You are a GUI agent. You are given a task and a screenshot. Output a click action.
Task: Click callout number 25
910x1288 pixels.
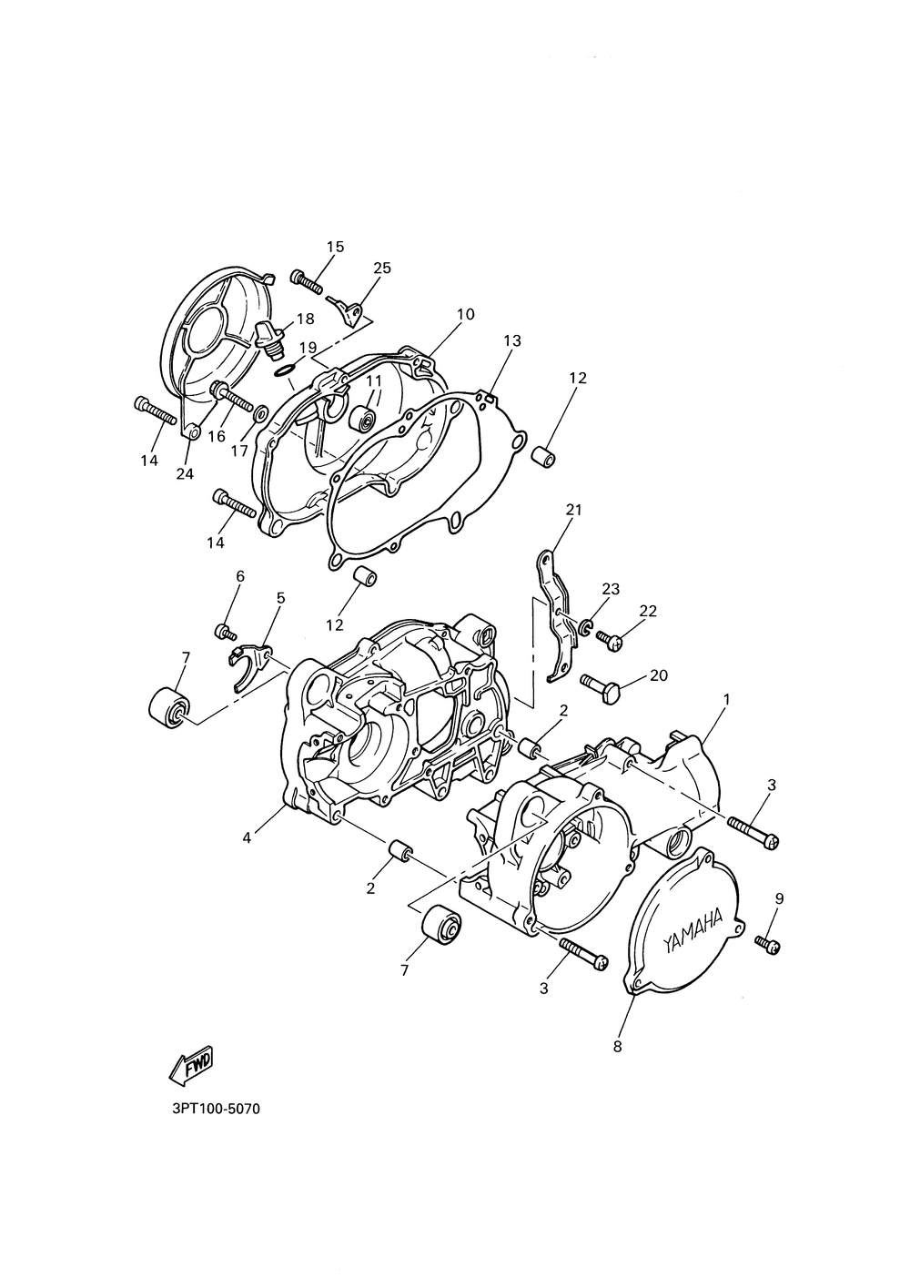tap(382, 268)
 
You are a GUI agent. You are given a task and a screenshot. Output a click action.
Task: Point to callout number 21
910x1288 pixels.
tap(573, 510)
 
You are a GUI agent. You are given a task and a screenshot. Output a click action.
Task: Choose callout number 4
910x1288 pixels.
tap(247, 837)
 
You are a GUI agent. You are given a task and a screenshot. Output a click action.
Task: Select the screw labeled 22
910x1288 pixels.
tap(611, 640)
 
